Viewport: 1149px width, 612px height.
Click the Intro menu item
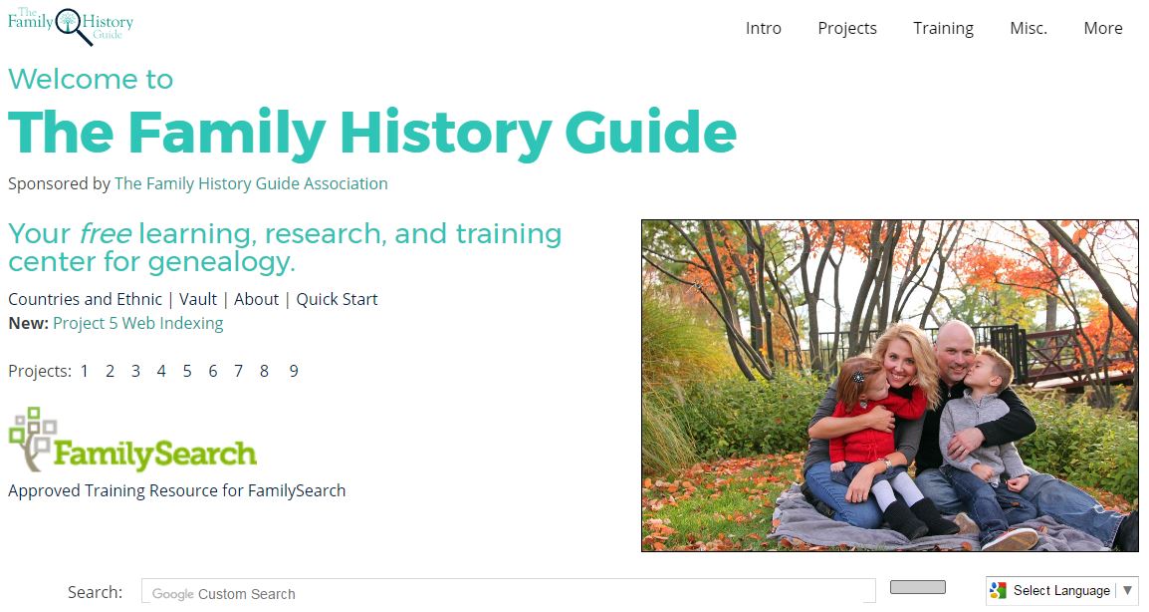[x=763, y=29]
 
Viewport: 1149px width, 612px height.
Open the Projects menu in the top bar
[x=847, y=29]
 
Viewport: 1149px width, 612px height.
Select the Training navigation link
[x=943, y=29]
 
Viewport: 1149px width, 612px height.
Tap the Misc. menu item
[x=1029, y=29]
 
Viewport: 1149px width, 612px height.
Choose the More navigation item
[x=1103, y=29]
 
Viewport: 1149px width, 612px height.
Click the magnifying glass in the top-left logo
[x=72, y=25]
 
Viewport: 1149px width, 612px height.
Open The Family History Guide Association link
[x=251, y=183]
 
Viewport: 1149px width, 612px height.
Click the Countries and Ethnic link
[x=85, y=299]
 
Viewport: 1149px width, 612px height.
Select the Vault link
[x=198, y=299]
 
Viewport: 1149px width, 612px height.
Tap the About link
[x=257, y=299]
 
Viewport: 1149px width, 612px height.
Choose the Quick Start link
[x=338, y=299]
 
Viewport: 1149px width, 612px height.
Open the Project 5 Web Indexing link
[x=137, y=324]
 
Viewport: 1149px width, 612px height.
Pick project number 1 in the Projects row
[x=85, y=372]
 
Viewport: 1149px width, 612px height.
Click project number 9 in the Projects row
[x=293, y=372]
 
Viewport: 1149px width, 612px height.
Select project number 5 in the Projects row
[x=187, y=372]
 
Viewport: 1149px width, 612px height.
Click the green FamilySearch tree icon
[x=32, y=439]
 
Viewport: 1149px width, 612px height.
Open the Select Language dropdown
[x=1061, y=591]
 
